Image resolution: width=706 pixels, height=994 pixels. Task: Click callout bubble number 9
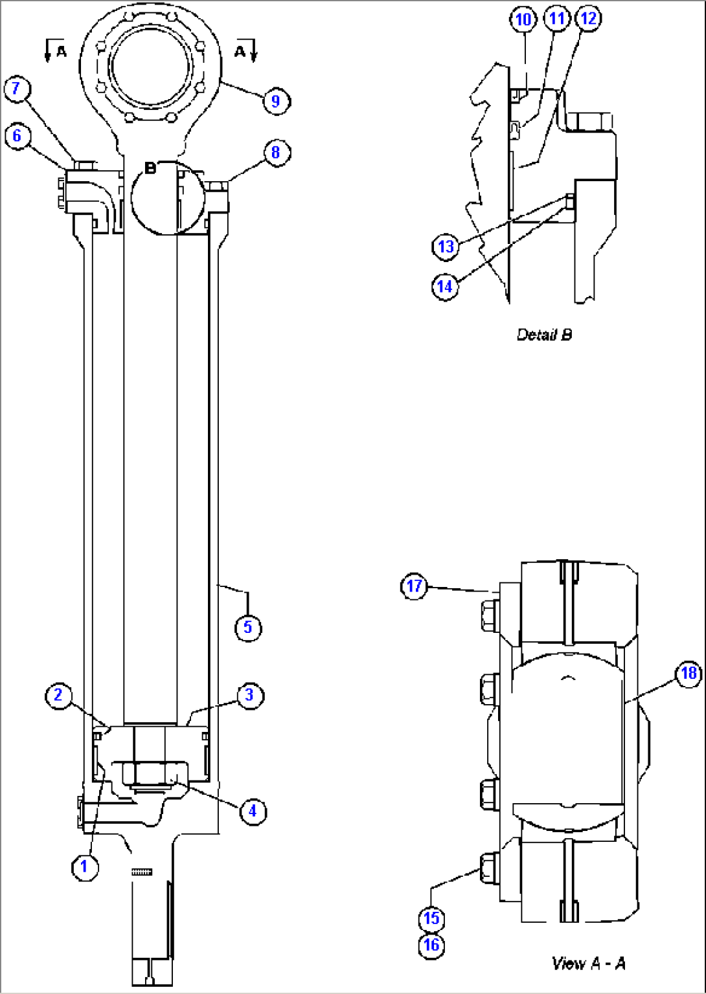click(276, 101)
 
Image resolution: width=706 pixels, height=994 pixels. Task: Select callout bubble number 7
click(17, 89)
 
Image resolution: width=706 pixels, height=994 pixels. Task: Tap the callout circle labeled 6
click(17, 136)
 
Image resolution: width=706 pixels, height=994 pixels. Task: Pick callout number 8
click(276, 153)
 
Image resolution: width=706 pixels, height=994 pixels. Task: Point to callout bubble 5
click(247, 627)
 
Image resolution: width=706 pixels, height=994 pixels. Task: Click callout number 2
click(58, 695)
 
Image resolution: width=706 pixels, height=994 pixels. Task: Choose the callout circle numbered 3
click(249, 696)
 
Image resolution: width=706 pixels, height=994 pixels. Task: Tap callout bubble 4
click(252, 810)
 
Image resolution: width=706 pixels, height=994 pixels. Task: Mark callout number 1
click(84, 867)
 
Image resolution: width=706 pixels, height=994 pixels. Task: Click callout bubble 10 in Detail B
click(523, 19)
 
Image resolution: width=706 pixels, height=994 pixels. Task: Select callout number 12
click(588, 19)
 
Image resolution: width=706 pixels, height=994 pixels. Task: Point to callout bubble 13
click(446, 247)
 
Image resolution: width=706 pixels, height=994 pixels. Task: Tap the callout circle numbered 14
click(446, 286)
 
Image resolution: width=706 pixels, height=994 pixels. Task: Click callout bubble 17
click(415, 586)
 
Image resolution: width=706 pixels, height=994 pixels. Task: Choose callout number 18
click(688, 674)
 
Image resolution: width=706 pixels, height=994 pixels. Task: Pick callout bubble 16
click(431, 945)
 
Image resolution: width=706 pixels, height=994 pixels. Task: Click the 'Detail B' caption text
click(544, 335)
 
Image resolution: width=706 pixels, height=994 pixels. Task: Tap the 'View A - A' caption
click(588, 963)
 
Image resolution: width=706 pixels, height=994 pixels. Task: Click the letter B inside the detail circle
click(150, 168)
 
